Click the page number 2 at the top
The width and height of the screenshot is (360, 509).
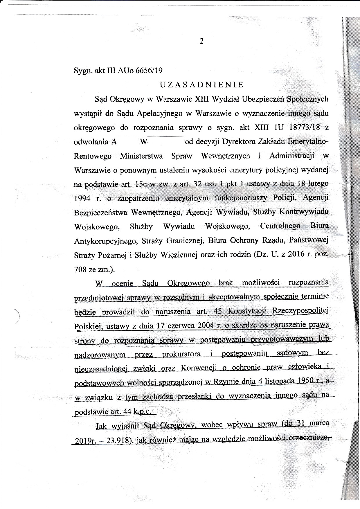tap(201, 42)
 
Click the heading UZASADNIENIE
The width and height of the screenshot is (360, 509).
tap(202, 85)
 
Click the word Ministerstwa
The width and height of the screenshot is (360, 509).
tap(141, 156)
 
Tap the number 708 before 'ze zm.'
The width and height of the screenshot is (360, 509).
tap(80, 269)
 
